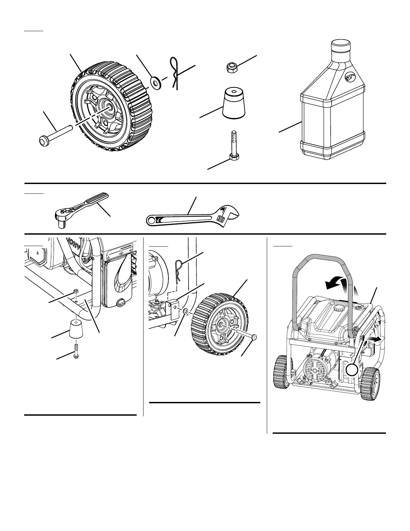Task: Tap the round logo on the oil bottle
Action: point(350,78)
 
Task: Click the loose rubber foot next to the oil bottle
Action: point(233,103)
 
